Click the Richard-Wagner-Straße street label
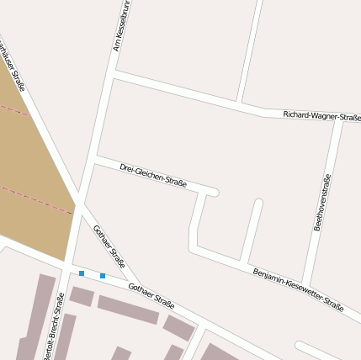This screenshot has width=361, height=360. point(321,115)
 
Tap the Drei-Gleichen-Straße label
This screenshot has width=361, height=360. point(152,175)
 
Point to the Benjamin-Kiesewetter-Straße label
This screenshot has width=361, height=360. point(298,290)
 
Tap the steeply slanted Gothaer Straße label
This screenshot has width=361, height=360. point(110,246)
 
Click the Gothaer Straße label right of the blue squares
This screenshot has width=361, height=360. point(151,296)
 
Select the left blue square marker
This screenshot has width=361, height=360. point(82,273)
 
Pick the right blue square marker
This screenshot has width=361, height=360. point(103,276)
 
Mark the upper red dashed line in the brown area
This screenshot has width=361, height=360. point(12,109)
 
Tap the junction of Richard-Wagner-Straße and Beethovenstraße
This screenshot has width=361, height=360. point(337,122)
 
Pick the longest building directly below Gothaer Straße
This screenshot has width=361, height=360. point(128,310)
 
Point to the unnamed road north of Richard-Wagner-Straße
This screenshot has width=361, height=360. point(251,50)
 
